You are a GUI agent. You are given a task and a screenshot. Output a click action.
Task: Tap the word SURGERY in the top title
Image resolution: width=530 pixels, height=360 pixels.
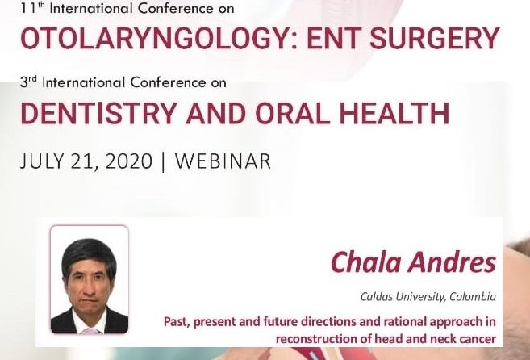tap(435, 38)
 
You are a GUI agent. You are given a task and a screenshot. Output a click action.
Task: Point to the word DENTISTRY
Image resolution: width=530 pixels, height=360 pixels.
tap(99, 113)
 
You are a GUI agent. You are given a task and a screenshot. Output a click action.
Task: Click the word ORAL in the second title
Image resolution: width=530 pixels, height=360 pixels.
tap(292, 113)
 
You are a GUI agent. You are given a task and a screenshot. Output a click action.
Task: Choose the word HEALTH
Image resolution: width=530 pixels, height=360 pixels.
tap(394, 113)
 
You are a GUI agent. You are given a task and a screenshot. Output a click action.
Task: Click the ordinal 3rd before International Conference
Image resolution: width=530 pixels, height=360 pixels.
tap(28, 82)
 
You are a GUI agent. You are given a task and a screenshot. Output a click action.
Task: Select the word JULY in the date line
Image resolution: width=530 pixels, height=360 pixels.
tap(42, 161)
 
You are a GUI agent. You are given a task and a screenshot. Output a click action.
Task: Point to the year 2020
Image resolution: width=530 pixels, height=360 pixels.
tap(129, 161)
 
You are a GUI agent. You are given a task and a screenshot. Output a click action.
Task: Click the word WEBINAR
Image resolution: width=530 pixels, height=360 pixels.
tap(223, 161)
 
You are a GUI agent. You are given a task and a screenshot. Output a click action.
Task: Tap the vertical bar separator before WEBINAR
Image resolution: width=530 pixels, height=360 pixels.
tap(164, 161)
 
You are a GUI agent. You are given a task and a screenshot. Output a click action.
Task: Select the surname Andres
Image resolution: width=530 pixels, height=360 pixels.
tap(453, 262)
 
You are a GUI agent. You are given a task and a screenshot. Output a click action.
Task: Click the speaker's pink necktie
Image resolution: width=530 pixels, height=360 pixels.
tap(90, 331)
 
